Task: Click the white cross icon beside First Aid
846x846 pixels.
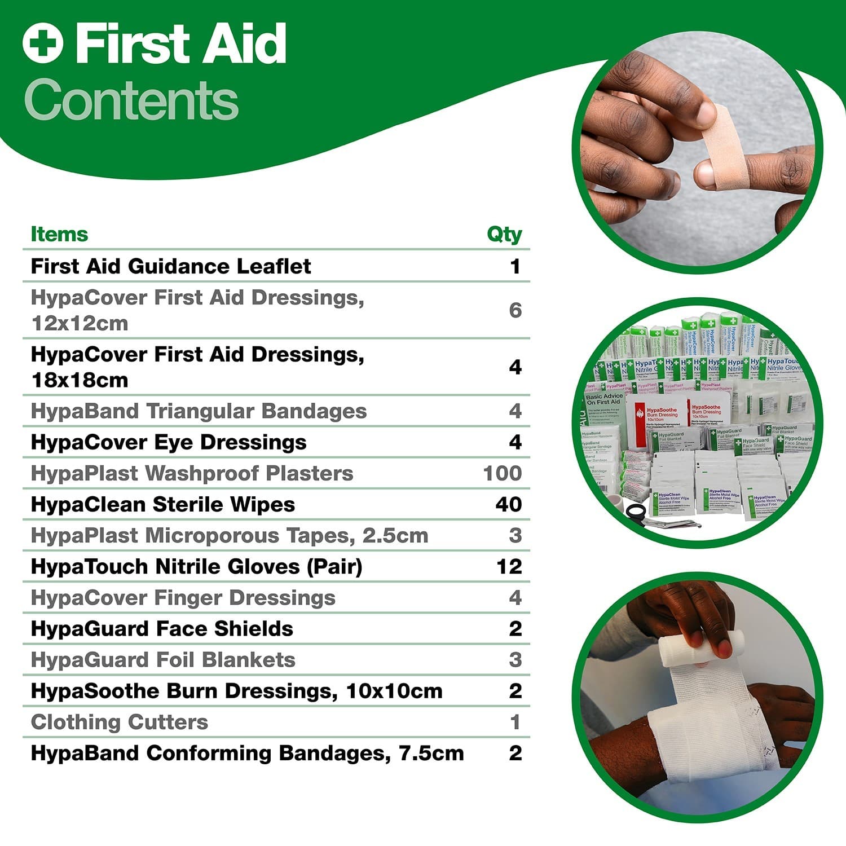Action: [x=43, y=43]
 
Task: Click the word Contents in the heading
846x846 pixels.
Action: [x=131, y=100]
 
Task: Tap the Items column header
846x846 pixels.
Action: [x=59, y=234]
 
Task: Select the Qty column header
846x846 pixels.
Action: [x=504, y=234]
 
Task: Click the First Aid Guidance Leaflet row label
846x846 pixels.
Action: [x=170, y=266]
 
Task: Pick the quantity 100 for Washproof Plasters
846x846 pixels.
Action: [x=503, y=473]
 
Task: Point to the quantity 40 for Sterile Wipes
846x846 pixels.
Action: [x=508, y=504]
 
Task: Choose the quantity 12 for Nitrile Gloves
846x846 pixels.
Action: [x=509, y=566]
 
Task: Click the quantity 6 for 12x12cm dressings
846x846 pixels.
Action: [x=515, y=310]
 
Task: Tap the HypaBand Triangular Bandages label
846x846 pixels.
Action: [x=199, y=411]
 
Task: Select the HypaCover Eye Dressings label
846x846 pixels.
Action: [x=169, y=442]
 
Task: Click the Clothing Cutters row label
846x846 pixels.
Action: [x=120, y=722]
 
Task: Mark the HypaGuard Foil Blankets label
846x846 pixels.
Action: [x=163, y=660]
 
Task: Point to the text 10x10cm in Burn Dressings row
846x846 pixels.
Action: [x=394, y=691]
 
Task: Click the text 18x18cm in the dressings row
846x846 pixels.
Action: [x=80, y=380]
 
